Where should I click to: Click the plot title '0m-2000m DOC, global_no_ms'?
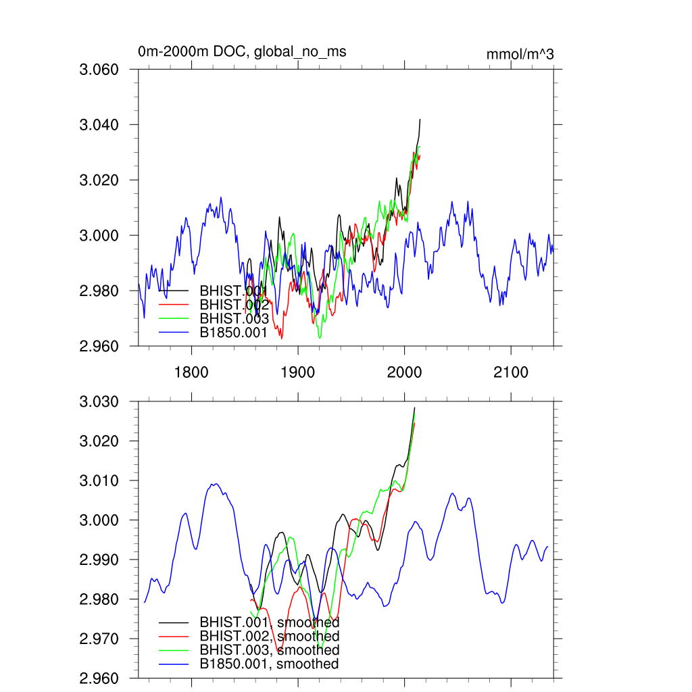242,52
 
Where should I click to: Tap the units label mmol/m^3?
520,54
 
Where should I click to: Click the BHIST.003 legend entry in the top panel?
234,318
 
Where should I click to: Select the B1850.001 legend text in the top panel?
234,332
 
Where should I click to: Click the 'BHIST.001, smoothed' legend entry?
269,622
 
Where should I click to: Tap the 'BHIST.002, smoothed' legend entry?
269,636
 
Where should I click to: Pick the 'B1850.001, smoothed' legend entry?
269,664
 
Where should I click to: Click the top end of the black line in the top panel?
420,120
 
